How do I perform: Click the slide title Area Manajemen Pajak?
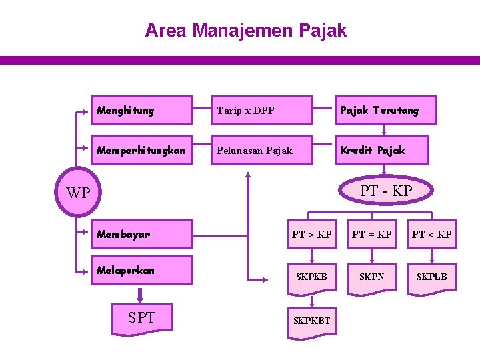[x=246, y=31]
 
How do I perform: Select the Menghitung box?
[x=142, y=111]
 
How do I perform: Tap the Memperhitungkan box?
[x=142, y=151]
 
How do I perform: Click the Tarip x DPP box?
[x=261, y=111]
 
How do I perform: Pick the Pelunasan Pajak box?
[x=261, y=151]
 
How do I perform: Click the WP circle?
[x=78, y=193]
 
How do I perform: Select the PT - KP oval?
[x=386, y=191]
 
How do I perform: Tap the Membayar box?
[x=142, y=235]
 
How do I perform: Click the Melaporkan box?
[x=142, y=271]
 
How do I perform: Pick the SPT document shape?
[x=142, y=318]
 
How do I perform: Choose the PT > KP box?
[x=311, y=235]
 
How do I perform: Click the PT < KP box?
[x=431, y=235]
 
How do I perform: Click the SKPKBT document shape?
[x=311, y=321]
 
